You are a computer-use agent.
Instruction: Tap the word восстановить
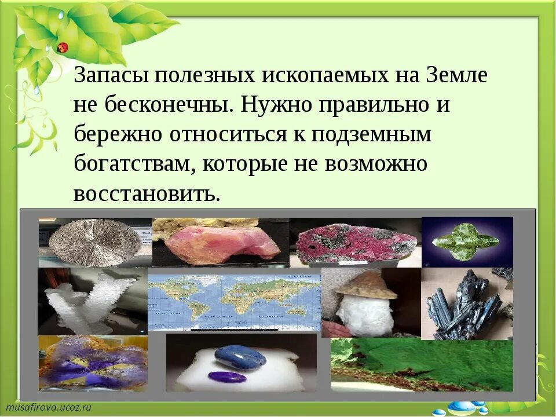[x=147, y=193]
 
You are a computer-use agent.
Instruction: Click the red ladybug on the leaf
[x=63, y=47]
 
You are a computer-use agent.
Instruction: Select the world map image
[x=234, y=301]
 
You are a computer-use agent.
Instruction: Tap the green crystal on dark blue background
[x=467, y=242]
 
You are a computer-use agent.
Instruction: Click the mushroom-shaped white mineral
[x=366, y=304]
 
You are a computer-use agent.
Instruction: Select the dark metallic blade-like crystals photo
[x=467, y=304]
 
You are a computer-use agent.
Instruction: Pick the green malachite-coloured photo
[x=422, y=365]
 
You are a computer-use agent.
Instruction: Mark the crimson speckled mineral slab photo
[x=354, y=243]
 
